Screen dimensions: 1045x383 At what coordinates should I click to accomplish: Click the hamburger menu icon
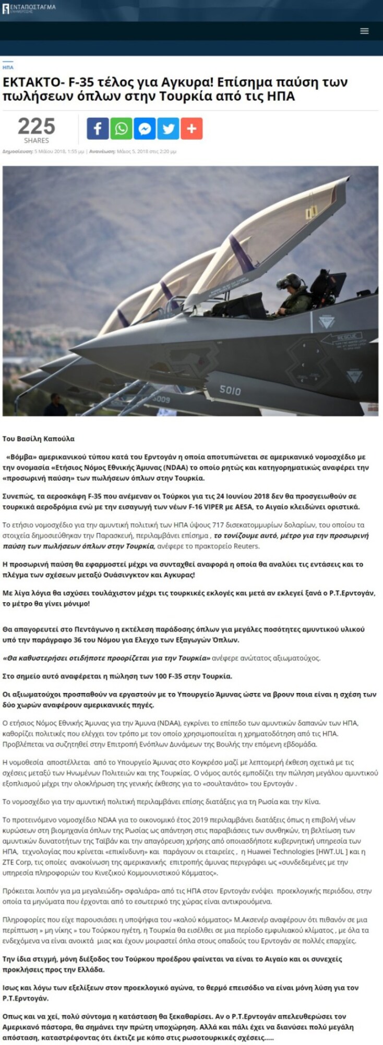(x=364, y=31)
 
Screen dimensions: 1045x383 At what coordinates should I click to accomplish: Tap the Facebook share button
(x=98, y=128)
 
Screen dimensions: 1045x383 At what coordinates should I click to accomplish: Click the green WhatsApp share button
(x=121, y=128)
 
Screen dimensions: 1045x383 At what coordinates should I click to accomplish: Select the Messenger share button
(x=145, y=128)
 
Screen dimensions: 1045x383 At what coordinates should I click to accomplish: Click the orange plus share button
(x=191, y=128)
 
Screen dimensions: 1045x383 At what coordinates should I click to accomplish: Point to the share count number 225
(x=36, y=127)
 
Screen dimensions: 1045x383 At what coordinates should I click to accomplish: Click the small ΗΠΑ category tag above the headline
(x=8, y=67)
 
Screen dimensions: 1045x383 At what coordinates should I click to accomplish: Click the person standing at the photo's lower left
(x=56, y=404)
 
